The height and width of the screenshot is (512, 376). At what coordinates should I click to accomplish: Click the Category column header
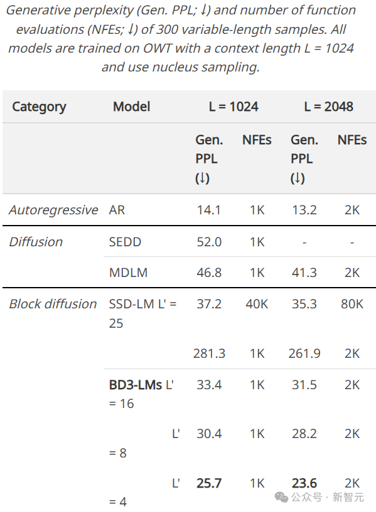click(x=39, y=107)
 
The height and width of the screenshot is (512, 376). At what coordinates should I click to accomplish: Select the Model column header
click(x=131, y=107)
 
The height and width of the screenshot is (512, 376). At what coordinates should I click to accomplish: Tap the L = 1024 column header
click(x=234, y=107)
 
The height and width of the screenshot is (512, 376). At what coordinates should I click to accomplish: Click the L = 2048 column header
click(x=328, y=107)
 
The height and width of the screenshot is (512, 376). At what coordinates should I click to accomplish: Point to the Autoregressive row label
click(x=53, y=210)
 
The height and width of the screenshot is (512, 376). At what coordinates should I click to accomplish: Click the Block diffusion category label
click(x=53, y=304)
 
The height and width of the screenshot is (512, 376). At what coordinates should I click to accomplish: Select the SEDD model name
click(x=125, y=242)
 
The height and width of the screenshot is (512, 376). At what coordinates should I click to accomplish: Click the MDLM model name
click(x=128, y=273)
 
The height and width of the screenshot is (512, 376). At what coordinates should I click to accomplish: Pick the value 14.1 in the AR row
click(x=208, y=210)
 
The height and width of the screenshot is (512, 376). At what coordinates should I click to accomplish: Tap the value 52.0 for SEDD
click(x=208, y=242)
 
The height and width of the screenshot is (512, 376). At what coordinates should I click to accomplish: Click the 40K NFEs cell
click(x=257, y=304)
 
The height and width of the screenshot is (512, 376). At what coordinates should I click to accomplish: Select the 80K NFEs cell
click(x=352, y=304)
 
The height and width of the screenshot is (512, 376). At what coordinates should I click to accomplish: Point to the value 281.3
click(x=209, y=353)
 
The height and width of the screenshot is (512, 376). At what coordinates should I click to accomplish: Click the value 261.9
click(x=304, y=353)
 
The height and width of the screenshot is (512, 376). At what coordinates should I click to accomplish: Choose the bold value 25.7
click(x=208, y=483)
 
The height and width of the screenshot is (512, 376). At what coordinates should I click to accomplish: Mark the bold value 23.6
click(x=304, y=483)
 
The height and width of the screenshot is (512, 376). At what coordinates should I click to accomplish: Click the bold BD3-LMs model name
click(x=136, y=385)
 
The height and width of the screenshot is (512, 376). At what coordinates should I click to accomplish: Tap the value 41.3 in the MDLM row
click(x=304, y=273)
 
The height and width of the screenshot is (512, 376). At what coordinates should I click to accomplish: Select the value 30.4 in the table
click(x=208, y=434)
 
